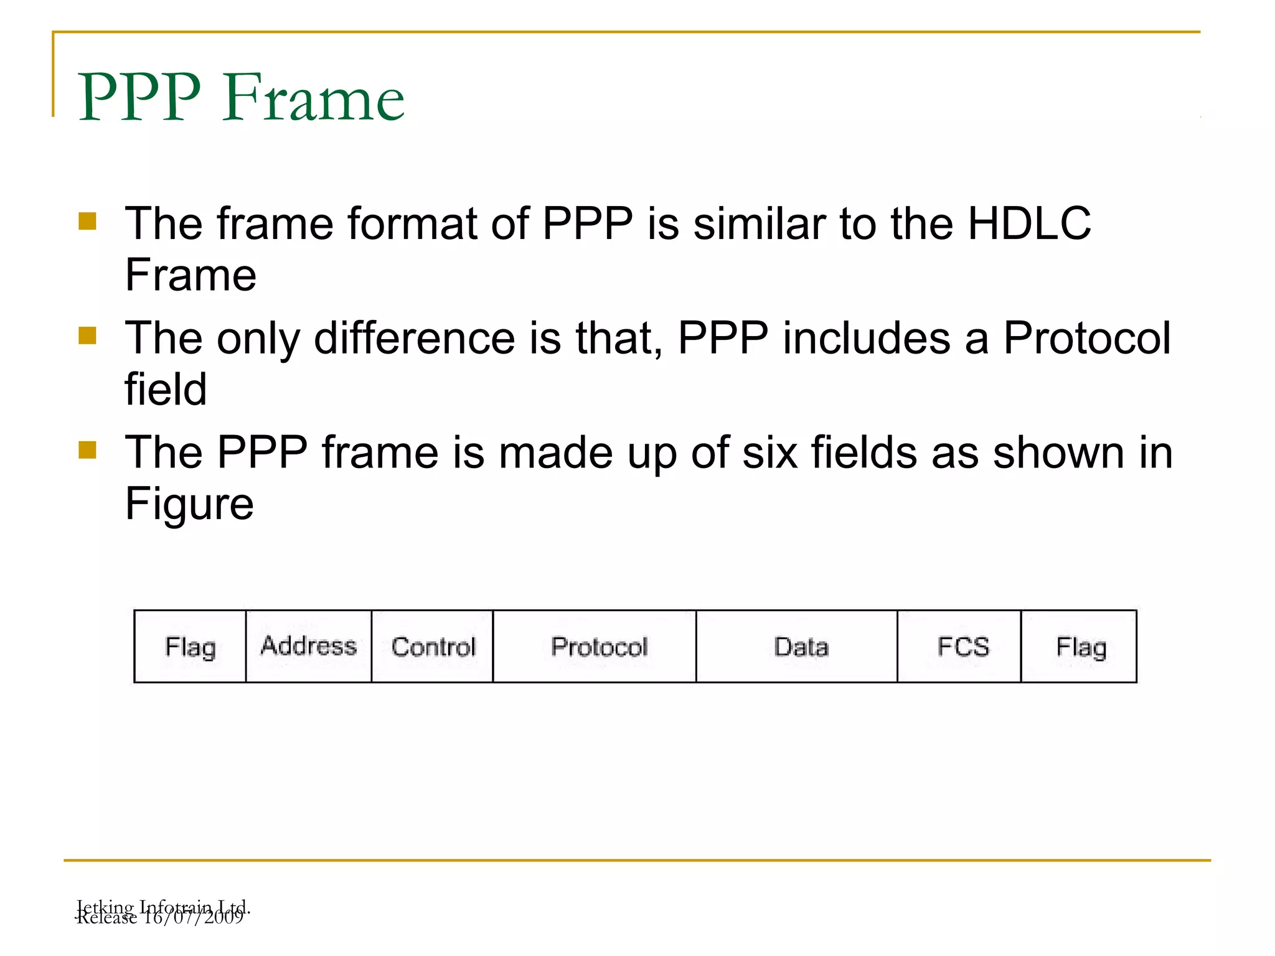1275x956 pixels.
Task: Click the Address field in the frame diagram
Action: click(309, 646)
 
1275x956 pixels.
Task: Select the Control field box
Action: click(433, 647)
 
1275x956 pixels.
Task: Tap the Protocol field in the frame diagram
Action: click(599, 647)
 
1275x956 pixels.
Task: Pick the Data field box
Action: click(801, 647)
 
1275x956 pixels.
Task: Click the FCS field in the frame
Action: click(962, 647)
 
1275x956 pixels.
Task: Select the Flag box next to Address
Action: click(191, 647)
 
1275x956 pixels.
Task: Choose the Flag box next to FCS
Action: click(1081, 647)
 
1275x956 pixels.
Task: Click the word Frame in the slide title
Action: click(314, 98)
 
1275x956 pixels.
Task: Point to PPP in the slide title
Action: click(139, 98)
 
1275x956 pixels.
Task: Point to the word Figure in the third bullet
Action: click(189, 504)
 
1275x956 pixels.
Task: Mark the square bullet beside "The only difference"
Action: click(88, 336)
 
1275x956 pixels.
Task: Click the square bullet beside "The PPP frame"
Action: click(88, 449)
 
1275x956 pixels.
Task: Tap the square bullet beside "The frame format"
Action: click(88, 222)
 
